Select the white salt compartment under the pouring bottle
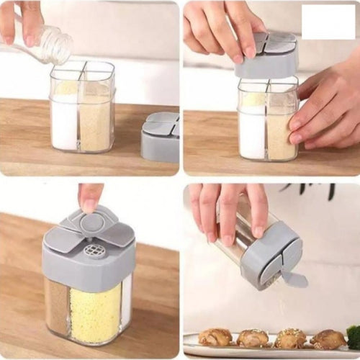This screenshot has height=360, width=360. pos(65,122)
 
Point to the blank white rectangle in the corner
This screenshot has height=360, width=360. pos(328,22)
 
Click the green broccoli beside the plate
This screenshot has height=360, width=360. pos(354,336)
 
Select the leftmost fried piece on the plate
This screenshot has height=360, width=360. pos(215,337)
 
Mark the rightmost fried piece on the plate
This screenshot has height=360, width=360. pos(329,339)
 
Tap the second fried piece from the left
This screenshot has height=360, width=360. pos(253,338)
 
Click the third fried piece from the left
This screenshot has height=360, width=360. pos(290,338)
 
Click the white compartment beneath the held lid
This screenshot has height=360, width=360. pos(251,130)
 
